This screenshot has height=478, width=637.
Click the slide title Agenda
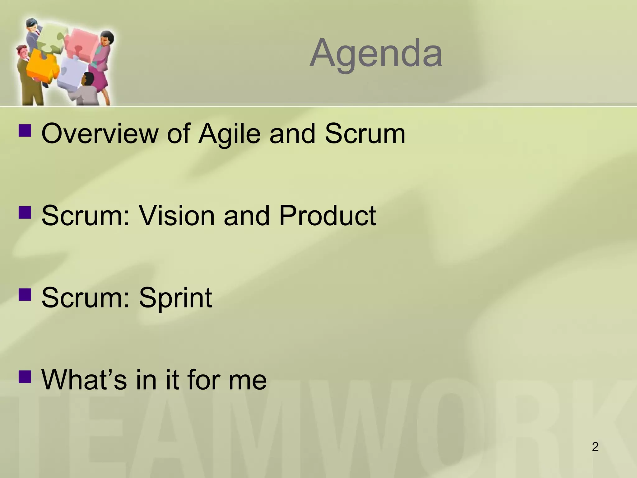[x=376, y=54]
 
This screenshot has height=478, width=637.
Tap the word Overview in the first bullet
[x=100, y=134]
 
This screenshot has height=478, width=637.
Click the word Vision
[x=176, y=216]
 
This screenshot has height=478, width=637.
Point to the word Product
[x=327, y=216]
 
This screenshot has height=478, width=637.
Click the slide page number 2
[x=595, y=447]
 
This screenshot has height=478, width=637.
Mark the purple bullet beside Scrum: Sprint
[x=25, y=293]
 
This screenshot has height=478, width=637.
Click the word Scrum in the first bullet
[x=365, y=134]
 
